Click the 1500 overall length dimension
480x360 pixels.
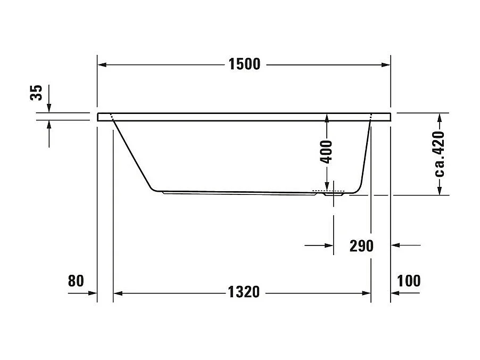(x=244, y=64)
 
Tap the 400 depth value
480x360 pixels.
(x=327, y=151)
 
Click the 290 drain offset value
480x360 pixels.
(x=362, y=246)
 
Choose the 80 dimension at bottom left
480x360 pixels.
(x=76, y=281)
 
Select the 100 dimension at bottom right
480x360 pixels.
(x=409, y=281)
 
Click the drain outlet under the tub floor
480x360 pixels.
(x=334, y=194)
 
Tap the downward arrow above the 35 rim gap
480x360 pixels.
(x=49, y=108)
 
